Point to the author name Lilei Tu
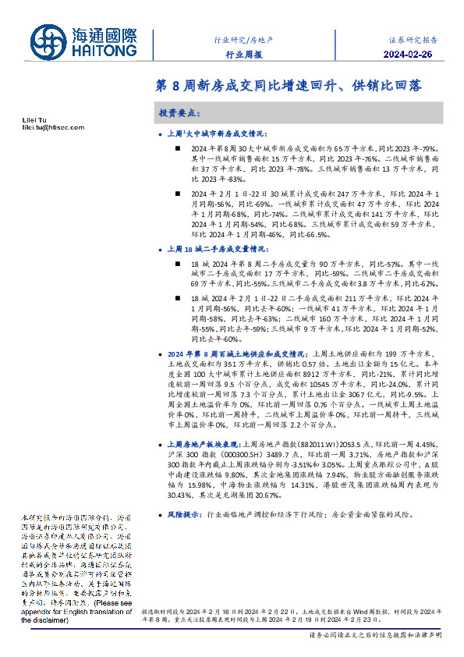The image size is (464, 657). (34, 119)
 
